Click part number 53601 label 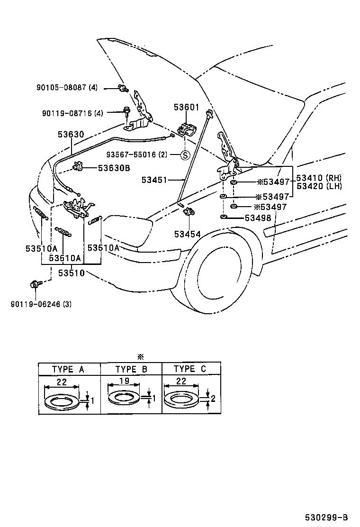click(x=186, y=107)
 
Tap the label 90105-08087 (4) click(x=67, y=88)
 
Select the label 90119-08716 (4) click(x=72, y=113)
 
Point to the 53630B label click(x=114, y=168)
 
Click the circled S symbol click(x=185, y=155)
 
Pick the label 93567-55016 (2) click(x=137, y=154)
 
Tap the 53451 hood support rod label click(x=154, y=180)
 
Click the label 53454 click(x=188, y=234)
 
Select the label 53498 click(x=258, y=218)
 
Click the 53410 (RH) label click(x=319, y=178)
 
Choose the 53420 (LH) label click(x=319, y=186)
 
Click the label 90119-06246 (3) click(x=41, y=304)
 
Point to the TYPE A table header click(x=69, y=370)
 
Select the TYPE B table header click(x=131, y=370)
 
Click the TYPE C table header click(x=190, y=369)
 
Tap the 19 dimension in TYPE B click(x=124, y=381)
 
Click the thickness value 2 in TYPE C click(x=213, y=399)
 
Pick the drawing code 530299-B click(x=326, y=517)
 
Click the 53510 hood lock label click(x=71, y=273)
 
